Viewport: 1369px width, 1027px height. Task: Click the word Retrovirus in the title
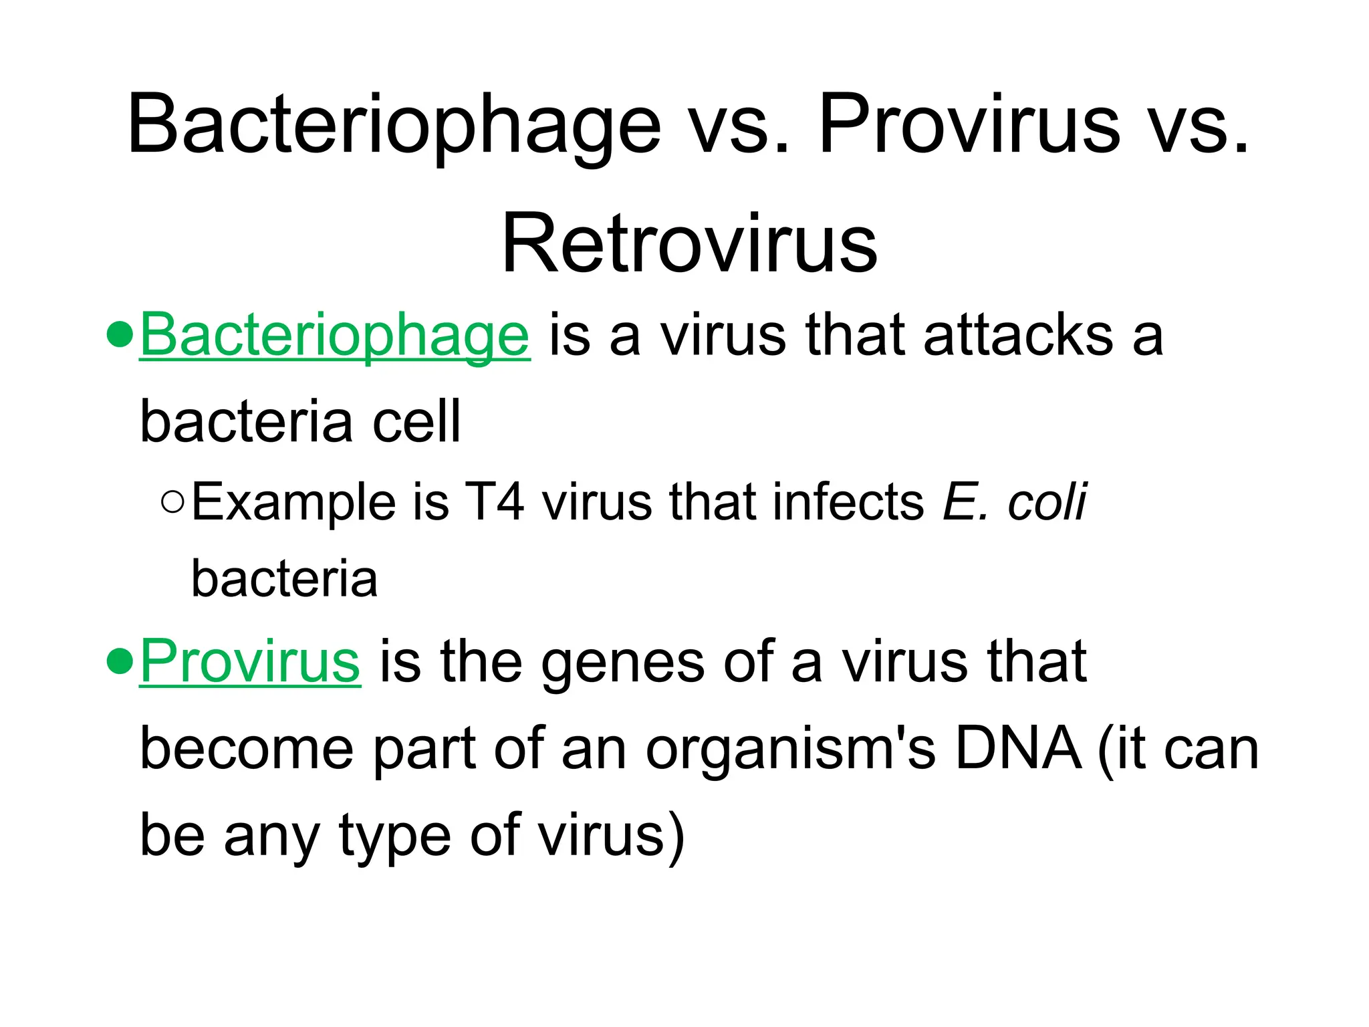click(x=689, y=243)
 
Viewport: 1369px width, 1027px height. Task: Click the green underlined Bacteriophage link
click(x=335, y=336)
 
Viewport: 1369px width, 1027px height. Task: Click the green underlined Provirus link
click(x=250, y=662)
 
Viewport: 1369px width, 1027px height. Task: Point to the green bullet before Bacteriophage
click(x=120, y=335)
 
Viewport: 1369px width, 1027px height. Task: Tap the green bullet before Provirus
click(x=120, y=661)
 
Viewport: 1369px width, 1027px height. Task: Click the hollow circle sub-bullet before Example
click(x=172, y=501)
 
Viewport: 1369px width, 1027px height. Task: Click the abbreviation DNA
click(x=1018, y=749)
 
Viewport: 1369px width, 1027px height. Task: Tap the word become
click(x=247, y=749)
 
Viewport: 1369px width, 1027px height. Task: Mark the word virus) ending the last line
click(x=612, y=836)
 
